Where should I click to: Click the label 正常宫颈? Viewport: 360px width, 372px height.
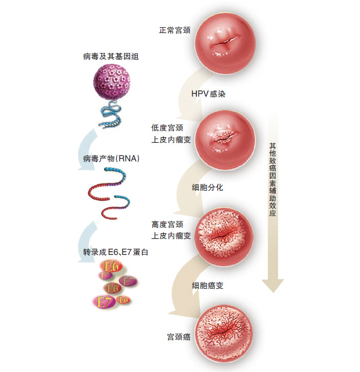pyautogui.click(x=175, y=30)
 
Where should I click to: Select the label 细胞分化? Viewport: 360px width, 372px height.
pyautogui.click(x=208, y=188)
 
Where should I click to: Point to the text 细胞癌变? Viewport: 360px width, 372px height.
pyautogui.click(x=208, y=285)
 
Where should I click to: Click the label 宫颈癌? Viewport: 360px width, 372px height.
pyautogui.click(x=179, y=337)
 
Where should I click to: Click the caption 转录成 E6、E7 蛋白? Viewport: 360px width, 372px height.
pyautogui.click(x=112, y=252)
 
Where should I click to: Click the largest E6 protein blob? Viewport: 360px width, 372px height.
pyautogui.click(x=111, y=267)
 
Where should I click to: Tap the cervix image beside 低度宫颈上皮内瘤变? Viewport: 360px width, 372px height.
pyautogui.click(x=225, y=136)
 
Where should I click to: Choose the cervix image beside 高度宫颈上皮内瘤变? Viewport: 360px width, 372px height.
pyautogui.click(x=225, y=234)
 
